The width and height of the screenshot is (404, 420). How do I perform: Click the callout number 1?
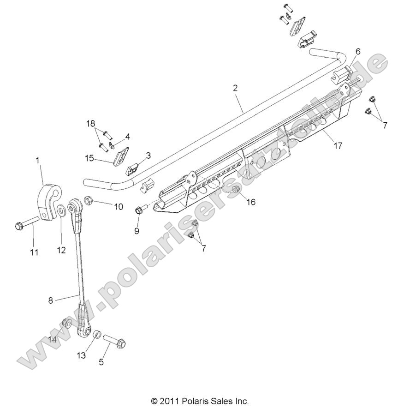point(38,160)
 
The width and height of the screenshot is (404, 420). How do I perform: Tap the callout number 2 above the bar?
point(235,88)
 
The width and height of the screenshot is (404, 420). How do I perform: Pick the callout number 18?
point(91,123)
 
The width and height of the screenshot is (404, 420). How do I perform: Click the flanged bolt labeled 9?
point(138,211)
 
